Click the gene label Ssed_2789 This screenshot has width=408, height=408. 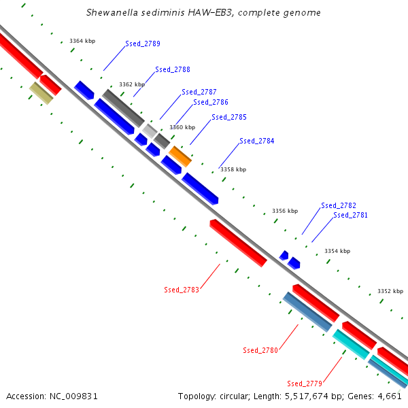tap(143, 44)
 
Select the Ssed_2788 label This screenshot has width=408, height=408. tap(173, 69)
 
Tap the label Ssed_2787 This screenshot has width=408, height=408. tap(199, 92)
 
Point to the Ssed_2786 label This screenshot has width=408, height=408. tap(211, 102)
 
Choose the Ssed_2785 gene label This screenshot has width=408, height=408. tap(229, 117)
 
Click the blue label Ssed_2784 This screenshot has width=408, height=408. tap(257, 141)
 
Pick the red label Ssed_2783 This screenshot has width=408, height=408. tap(182, 290)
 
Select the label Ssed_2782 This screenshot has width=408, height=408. tap(339, 205)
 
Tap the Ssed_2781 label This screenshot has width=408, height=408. tap(351, 215)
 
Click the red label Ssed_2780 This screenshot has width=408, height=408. tap(260, 350)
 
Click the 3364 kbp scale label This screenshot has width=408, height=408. tap(82, 41)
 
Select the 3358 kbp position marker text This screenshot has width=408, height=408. tap(233, 169)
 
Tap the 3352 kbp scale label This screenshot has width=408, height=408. tap(390, 291)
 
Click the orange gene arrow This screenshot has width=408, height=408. tap(180, 156)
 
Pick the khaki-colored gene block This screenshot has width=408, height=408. tap(41, 93)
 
